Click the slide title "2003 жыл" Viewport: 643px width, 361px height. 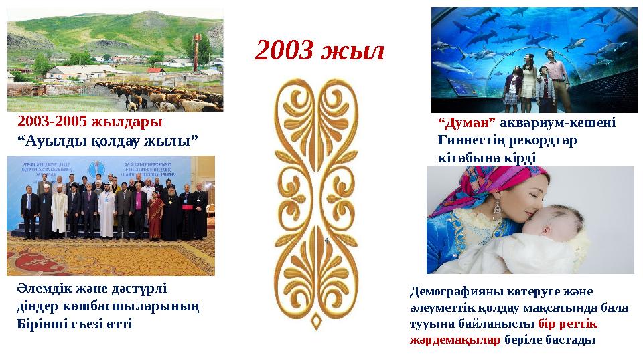click(x=320, y=51)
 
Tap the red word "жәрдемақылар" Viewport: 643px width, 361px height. click(x=454, y=340)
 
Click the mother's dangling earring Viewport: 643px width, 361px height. click(x=498, y=211)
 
